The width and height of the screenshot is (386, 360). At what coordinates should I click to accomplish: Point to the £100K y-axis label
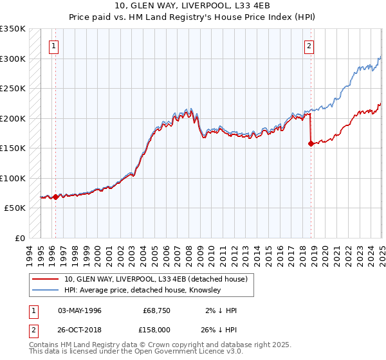tap(13, 178)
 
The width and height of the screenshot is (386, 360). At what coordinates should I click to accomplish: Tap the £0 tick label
tap(20, 238)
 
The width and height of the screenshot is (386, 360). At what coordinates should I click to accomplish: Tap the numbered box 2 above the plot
tap(309, 46)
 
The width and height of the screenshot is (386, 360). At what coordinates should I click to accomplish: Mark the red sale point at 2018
tap(311, 144)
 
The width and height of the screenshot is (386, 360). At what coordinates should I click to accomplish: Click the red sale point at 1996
tap(55, 197)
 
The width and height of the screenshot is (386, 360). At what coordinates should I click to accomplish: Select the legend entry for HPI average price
tap(142, 291)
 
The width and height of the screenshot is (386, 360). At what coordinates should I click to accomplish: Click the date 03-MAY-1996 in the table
tap(80, 310)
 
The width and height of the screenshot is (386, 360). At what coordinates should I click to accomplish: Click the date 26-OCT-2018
tap(80, 328)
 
